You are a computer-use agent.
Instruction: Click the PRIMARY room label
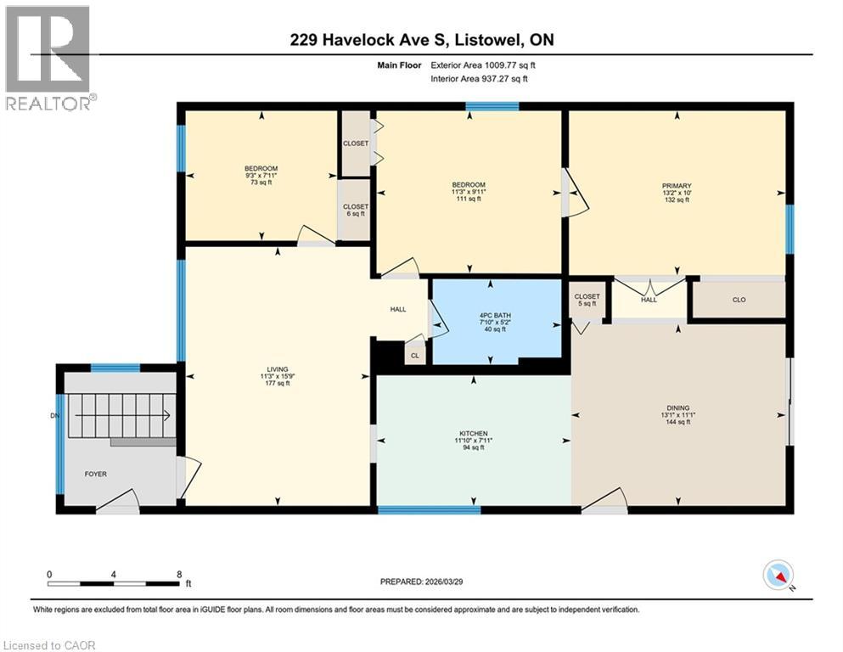tap(677, 186)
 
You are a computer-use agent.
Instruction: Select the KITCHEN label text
tap(469, 433)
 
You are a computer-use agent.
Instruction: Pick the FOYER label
tap(95, 474)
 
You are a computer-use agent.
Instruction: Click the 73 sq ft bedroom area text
tap(261, 183)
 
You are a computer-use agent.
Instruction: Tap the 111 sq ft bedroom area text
tap(468, 200)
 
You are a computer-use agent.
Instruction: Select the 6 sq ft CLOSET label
tap(356, 211)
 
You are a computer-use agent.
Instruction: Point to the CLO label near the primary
tap(737, 299)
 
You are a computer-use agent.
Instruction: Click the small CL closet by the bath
tap(415, 356)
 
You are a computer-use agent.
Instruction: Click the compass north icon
tap(778, 576)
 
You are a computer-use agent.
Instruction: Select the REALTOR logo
tap(48, 58)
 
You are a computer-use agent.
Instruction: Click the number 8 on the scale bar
tap(179, 574)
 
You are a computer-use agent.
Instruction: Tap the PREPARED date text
tap(421, 582)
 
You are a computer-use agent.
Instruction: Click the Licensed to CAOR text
tap(49, 645)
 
